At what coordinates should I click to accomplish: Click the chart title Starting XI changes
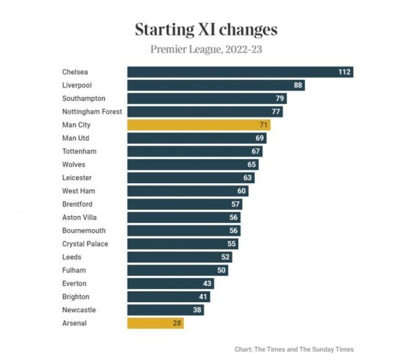point(206,29)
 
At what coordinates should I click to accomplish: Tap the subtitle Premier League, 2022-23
point(206,49)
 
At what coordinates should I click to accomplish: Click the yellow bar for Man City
point(198,125)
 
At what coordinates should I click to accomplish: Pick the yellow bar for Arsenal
point(155,323)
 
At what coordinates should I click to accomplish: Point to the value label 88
point(298,85)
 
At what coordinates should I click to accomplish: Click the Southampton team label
point(84,99)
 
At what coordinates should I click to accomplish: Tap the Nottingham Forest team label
point(92,112)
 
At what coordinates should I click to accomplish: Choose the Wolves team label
point(74,164)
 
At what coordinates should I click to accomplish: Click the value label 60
point(241,191)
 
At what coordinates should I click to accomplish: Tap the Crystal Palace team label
point(85,244)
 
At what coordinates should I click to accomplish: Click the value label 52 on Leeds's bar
point(226,257)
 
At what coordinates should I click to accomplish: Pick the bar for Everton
point(171,283)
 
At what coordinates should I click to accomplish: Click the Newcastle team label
point(79,310)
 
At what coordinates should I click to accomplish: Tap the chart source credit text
point(294,349)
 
